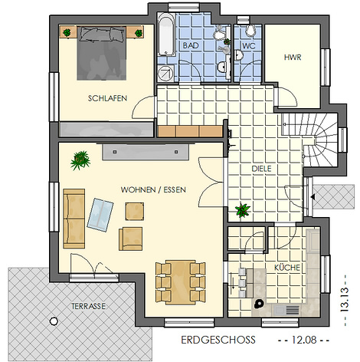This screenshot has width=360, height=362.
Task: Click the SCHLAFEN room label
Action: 107,98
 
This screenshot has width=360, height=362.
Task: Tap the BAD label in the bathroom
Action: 191,45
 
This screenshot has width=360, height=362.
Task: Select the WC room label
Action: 249,46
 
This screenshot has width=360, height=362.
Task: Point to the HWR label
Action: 293,58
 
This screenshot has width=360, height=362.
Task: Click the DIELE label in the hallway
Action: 261,169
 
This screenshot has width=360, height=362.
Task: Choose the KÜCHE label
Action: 287,268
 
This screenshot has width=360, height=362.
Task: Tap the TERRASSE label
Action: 88,306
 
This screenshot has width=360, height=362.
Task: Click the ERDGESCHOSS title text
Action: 218,340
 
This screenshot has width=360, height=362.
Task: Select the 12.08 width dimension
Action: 304,340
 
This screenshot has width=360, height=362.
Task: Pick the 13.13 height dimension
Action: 345,299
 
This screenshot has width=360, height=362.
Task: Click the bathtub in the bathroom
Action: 166,35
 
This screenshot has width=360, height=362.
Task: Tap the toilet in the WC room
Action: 250,30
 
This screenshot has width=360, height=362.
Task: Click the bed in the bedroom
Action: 102,53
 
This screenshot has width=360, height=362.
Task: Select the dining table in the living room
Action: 181,282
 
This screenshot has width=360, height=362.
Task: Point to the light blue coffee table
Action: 100,215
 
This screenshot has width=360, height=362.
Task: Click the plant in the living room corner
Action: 80,160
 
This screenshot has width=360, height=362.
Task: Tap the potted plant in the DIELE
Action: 243,210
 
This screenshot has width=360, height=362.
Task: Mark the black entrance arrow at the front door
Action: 313,197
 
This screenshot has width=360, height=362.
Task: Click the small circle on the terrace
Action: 54,321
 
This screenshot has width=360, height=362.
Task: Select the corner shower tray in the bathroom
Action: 165,74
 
